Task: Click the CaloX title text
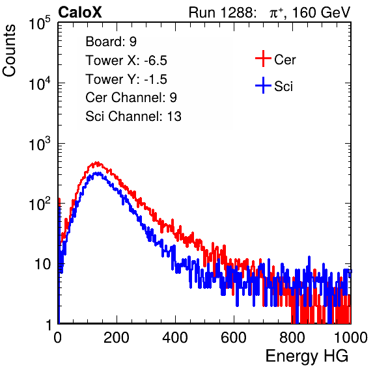tap(80, 12)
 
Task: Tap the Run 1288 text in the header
tap(221, 12)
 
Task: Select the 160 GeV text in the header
tap(321, 12)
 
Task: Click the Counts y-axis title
tap(9, 51)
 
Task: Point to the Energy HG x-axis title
tap(307, 356)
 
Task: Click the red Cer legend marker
tap(263, 59)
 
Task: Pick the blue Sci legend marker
tap(263, 85)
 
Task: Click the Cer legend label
tap(284, 60)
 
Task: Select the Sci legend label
tap(284, 86)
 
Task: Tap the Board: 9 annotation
tap(111, 42)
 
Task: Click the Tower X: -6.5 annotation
tap(126, 60)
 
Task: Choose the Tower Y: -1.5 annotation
tap(126, 79)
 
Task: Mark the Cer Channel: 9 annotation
tap(131, 98)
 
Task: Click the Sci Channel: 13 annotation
tap(133, 116)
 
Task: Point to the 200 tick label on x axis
tap(117, 338)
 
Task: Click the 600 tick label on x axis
tap(234, 338)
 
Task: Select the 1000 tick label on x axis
tap(351, 338)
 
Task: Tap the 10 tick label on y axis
tap(42, 265)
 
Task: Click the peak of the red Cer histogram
tap(97, 163)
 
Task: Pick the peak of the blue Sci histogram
tap(98, 173)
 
